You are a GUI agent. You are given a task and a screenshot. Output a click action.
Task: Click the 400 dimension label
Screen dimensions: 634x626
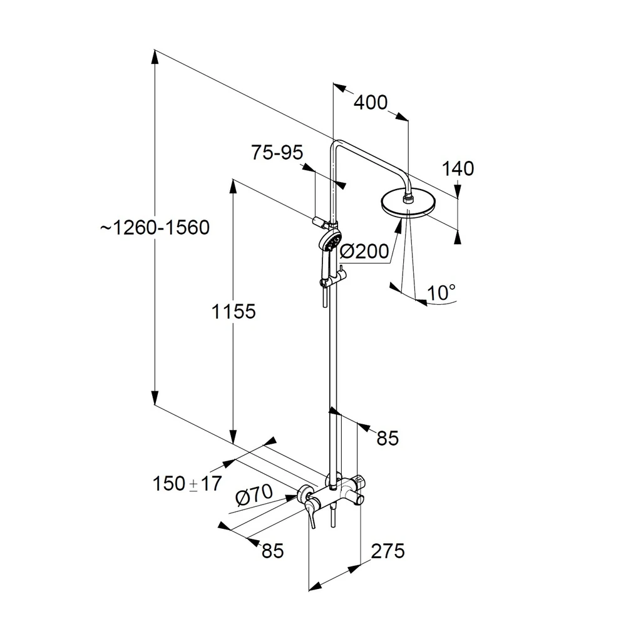tap(371, 102)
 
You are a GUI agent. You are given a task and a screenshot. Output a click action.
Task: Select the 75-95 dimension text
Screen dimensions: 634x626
tap(277, 152)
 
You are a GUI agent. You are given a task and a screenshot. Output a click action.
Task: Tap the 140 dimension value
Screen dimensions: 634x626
tap(458, 168)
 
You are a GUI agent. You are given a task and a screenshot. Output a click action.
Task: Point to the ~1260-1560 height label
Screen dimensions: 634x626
tap(155, 227)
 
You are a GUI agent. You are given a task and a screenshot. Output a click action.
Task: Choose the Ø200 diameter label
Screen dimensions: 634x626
tap(364, 251)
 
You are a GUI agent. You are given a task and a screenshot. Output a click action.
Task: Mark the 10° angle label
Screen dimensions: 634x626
tap(441, 292)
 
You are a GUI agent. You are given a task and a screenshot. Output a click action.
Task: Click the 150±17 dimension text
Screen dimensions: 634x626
tap(187, 483)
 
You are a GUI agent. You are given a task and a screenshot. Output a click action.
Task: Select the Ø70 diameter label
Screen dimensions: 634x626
tap(254, 496)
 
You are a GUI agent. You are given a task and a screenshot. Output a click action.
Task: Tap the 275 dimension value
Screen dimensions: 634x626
tap(387, 551)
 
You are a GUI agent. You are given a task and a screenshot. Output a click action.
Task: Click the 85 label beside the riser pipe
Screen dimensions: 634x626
tap(387, 438)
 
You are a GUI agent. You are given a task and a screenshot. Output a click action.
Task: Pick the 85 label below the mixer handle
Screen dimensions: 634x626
tap(272, 551)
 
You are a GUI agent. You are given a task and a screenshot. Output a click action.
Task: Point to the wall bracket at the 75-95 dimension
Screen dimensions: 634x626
tap(319, 220)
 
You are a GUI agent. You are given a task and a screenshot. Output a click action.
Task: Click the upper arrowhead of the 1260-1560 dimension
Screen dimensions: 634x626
tap(155, 56)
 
